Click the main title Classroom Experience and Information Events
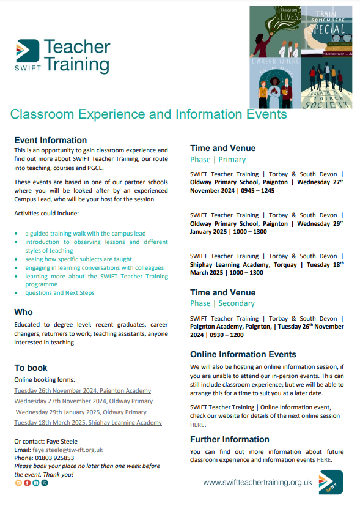point(149,114)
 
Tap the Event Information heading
point(51,140)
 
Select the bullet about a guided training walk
point(85,233)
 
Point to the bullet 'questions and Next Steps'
point(60,293)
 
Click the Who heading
point(24,312)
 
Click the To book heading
point(31,368)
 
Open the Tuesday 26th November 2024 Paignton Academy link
point(83,390)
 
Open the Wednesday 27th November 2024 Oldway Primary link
point(84,401)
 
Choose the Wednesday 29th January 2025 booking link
point(81,412)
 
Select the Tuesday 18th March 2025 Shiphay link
point(88,423)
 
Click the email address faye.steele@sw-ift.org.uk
point(67,450)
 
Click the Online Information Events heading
point(243,354)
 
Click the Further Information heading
point(230,439)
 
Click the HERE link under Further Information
point(324,459)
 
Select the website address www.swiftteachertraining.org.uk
point(257,483)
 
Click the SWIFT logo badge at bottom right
point(331,482)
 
